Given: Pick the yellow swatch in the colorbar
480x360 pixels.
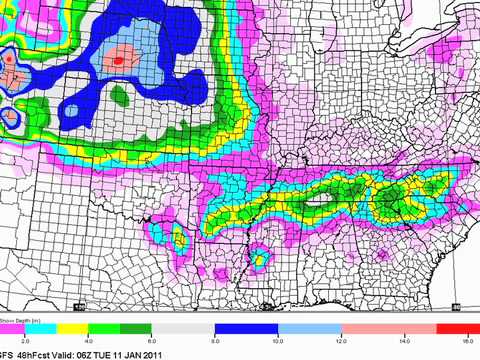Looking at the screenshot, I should (x=92, y=330).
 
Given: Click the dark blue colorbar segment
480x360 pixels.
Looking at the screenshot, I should (x=245, y=330).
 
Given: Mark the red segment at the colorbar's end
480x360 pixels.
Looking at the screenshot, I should (x=440, y=330).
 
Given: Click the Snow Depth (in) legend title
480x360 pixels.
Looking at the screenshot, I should (x=19, y=321).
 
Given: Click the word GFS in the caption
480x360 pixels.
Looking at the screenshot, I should (x=7, y=354).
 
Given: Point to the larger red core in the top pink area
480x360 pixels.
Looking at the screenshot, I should (x=121, y=60).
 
